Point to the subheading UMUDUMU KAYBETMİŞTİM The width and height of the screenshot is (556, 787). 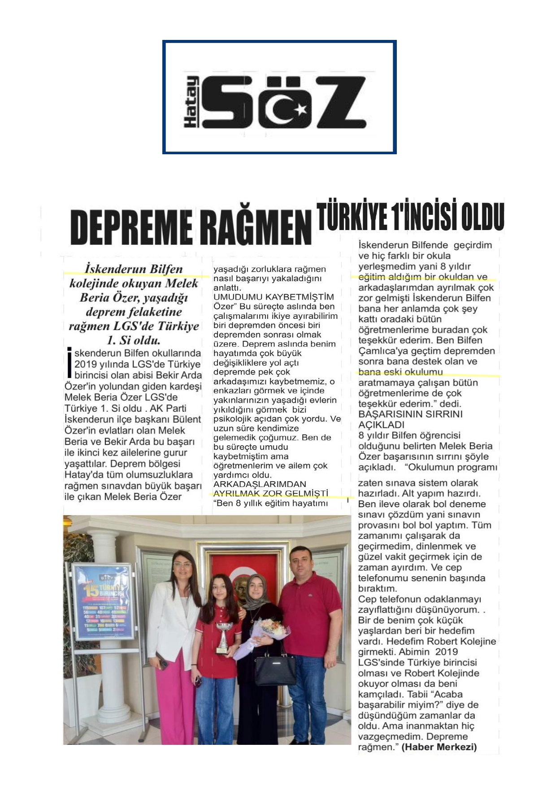[x=274, y=297]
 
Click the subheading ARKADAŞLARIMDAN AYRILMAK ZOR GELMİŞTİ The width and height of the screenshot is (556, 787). [x=271, y=489]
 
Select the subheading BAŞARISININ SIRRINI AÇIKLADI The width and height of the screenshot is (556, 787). [x=410, y=419]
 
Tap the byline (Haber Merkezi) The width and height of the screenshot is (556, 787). [x=439, y=747]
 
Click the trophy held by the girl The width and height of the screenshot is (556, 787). [x=222, y=637]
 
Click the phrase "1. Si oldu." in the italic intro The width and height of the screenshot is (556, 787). [x=134, y=340]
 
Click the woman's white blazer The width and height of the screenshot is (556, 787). [x=173, y=619]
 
